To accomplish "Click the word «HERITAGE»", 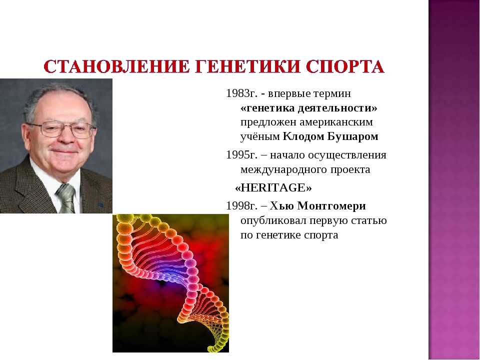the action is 273,187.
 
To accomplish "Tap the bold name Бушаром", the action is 353,136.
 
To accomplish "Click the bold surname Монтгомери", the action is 331,205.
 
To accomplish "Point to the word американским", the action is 336,122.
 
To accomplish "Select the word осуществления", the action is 347,155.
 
